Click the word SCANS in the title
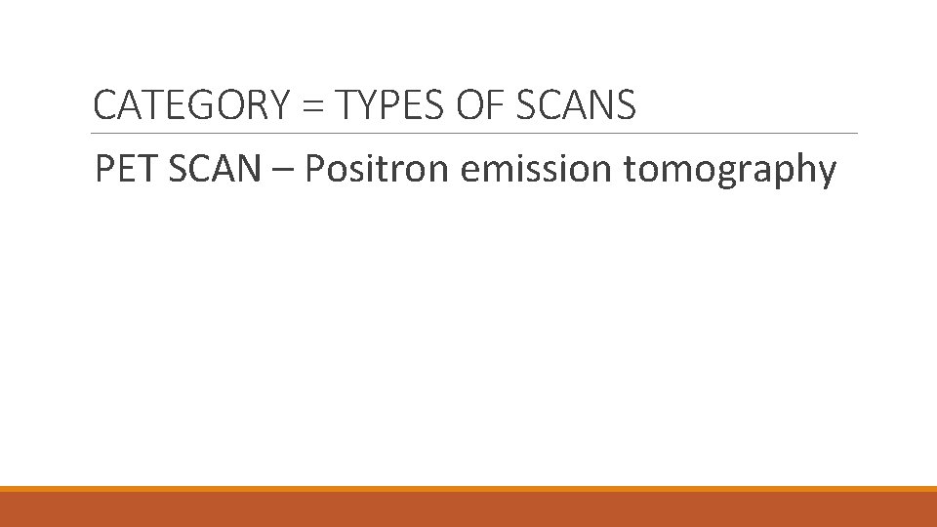(575, 105)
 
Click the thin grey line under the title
(474, 134)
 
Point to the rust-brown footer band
(468, 509)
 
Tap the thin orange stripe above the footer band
(468, 489)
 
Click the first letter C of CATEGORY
(103, 105)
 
